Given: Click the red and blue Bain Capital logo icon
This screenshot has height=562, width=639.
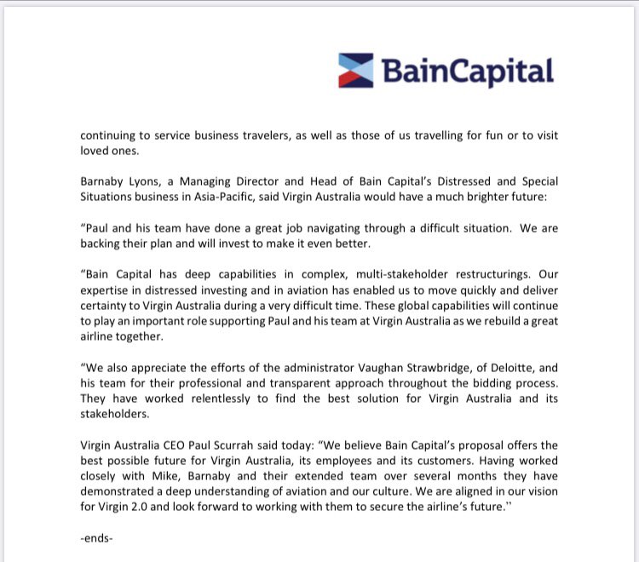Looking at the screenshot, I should coord(358,70).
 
